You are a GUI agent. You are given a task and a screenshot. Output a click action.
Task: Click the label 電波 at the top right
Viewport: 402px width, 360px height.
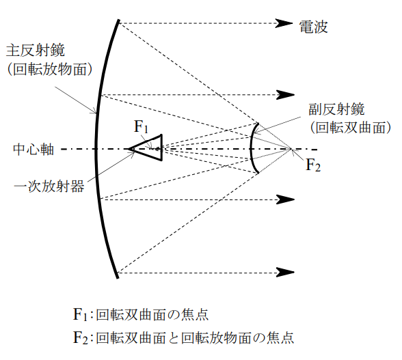click(314, 27)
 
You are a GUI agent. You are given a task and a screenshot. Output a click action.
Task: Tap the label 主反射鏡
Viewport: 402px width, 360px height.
click(36, 50)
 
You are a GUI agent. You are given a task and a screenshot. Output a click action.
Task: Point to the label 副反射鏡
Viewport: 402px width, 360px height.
click(336, 109)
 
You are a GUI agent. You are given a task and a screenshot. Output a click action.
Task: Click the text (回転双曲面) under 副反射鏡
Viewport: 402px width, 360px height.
click(351, 127)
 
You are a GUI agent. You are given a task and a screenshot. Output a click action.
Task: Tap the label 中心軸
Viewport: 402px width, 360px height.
click(33, 150)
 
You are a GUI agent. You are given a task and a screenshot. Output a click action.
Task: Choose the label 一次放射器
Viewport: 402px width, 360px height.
click(49, 186)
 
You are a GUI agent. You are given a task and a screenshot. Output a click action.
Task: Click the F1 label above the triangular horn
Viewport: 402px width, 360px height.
click(142, 127)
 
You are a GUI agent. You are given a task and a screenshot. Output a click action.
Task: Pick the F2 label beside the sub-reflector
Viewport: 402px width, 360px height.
click(313, 165)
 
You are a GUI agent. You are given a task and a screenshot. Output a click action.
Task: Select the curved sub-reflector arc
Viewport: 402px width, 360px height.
click(251, 148)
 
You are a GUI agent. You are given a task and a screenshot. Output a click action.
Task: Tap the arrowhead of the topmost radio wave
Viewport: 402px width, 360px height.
click(284, 23)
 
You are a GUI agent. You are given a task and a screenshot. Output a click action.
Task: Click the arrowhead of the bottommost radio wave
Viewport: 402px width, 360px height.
click(285, 273)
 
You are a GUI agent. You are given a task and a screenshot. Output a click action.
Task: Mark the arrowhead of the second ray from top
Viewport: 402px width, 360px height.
click(285, 95)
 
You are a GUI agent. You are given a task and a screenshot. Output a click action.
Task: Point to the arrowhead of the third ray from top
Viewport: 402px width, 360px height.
click(285, 199)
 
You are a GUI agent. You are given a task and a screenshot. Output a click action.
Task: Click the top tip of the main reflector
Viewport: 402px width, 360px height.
click(119, 20)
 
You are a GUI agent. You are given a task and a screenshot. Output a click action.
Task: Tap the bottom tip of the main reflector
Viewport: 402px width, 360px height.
click(118, 278)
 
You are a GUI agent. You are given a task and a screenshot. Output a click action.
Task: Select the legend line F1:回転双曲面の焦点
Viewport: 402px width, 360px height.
click(141, 314)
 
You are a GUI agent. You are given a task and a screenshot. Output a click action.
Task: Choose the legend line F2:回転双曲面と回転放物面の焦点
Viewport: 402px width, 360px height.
click(183, 337)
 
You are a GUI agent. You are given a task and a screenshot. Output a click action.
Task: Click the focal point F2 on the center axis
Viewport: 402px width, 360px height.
click(291, 149)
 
